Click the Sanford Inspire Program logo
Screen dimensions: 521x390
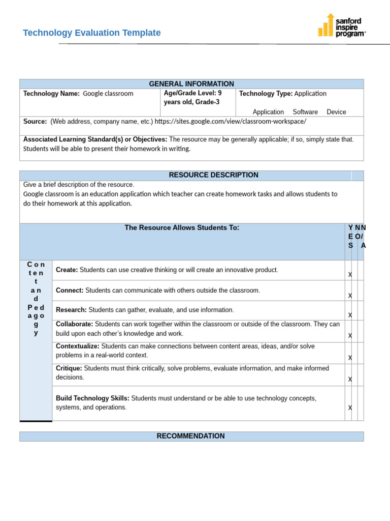[341, 25]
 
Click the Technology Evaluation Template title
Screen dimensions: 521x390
[91, 33]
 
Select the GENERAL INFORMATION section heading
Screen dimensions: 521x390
[191, 84]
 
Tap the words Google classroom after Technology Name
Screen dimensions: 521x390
[108, 94]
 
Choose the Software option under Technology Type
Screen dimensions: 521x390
[305, 112]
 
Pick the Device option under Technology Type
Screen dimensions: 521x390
[336, 112]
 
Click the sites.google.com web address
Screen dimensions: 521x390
[230, 122]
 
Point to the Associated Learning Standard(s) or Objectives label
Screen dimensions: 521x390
[95, 139]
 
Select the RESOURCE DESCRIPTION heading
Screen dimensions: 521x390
[213, 175]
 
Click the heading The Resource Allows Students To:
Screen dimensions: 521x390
[182, 228]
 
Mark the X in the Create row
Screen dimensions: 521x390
[350, 275]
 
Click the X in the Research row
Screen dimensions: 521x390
[350, 315]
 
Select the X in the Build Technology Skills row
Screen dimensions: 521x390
[350, 408]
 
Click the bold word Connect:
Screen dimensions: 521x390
[70, 291]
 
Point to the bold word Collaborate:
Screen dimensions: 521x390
[74, 324]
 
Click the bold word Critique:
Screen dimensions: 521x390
[69, 368]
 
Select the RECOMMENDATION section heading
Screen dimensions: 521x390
[190, 436]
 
